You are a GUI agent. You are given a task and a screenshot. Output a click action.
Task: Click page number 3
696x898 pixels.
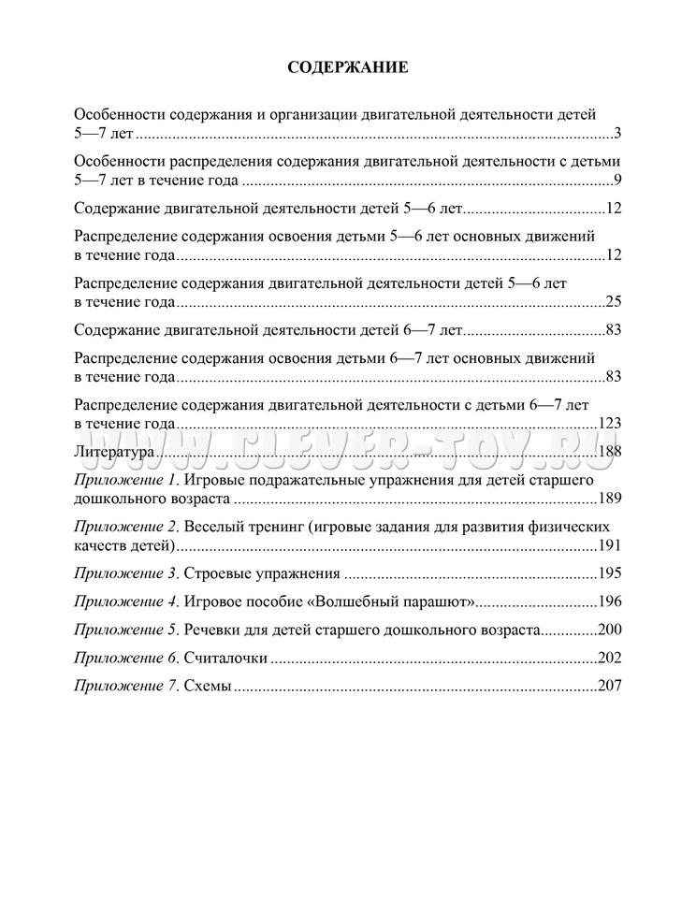(x=618, y=132)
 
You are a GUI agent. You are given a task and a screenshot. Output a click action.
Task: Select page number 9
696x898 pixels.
(x=618, y=180)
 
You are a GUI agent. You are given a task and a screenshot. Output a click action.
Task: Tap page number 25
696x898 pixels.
(x=614, y=300)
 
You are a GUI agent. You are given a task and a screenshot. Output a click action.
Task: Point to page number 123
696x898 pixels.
(x=610, y=423)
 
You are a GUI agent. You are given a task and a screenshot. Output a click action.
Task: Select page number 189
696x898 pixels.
(x=610, y=498)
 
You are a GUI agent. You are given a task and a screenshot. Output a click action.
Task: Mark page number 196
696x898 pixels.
(x=610, y=601)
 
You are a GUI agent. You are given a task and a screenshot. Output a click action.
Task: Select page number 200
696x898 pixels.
(x=610, y=629)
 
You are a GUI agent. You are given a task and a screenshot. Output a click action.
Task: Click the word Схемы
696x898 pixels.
(x=208, y=686)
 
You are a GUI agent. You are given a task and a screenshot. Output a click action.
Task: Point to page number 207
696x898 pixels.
(x=610, y=686)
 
